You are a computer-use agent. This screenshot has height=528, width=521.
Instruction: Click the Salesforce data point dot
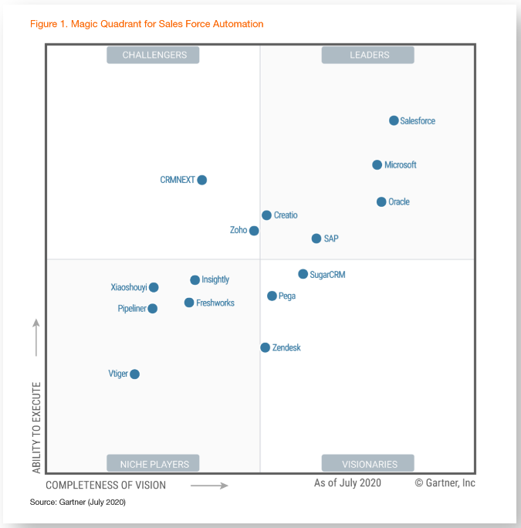(394, 120)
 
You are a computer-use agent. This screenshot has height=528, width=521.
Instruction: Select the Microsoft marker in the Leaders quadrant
(377, 164)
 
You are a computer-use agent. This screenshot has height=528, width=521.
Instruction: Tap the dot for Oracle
(381, 201)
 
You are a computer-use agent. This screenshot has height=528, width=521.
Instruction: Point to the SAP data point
(316, 239)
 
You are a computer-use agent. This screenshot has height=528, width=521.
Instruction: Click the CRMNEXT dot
(202, 180)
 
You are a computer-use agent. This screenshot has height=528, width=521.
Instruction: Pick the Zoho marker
(254, 230)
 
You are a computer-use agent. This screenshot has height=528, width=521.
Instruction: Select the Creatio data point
(266, 215)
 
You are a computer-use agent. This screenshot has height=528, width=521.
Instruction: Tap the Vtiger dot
(134, 374)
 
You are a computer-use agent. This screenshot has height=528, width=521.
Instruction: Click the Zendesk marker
(265, 347)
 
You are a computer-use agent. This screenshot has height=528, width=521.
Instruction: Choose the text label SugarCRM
(327, 274)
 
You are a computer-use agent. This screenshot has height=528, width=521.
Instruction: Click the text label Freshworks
(215, 303)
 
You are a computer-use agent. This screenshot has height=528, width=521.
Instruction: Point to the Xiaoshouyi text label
(129, 287)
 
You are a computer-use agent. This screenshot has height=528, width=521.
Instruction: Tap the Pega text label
(287, 296)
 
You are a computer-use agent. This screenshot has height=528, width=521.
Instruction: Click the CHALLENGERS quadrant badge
(153, 55)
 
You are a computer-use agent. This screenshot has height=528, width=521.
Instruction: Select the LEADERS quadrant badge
(368, 55)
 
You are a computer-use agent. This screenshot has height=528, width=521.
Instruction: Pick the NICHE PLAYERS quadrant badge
(153, 463)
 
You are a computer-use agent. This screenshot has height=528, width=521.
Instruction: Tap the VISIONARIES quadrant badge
(368, 463)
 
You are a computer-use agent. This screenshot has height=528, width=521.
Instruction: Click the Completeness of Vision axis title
(106, 485)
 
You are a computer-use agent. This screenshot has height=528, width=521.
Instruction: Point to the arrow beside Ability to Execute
(36, 337)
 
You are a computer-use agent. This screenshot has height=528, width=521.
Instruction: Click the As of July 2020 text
(347, 483)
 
